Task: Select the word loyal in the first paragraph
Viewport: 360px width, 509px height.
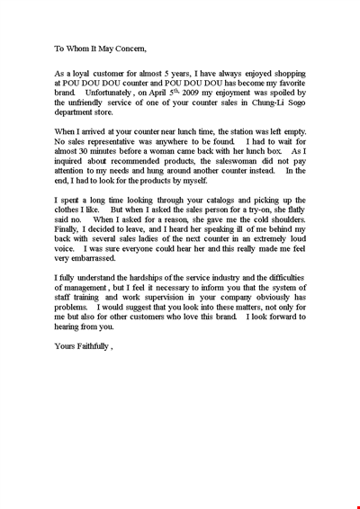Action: tap(78, 78)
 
